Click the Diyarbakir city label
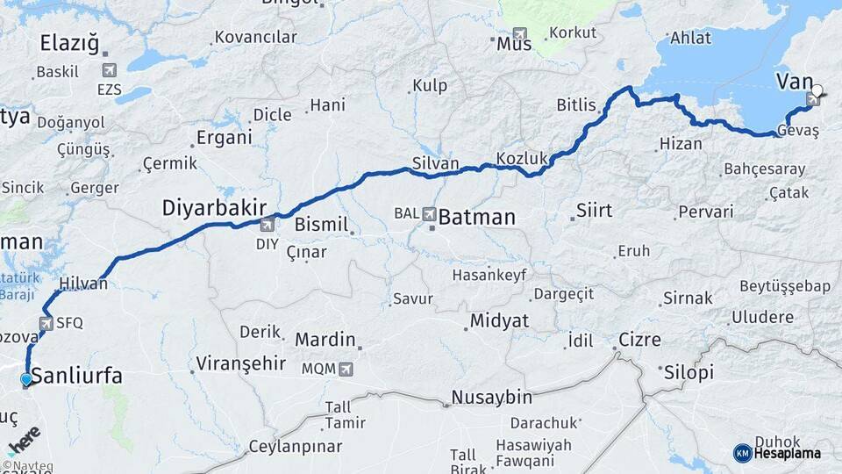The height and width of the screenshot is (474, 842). (214, 208)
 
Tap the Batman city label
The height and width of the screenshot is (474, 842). (477, 216)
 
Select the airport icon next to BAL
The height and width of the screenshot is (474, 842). (429, 213)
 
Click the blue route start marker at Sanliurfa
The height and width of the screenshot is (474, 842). (26, 379)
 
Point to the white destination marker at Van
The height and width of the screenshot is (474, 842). (817, 90)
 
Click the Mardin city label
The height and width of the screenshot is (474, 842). (325, 340)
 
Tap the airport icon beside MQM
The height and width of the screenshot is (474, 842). (346, 370)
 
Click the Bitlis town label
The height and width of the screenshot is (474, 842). (576, 105)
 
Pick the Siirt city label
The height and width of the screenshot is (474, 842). (594, 211)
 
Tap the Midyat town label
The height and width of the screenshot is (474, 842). (499, 321)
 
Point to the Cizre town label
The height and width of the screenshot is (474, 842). (639, 340)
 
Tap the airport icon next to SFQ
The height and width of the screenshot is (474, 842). (46, 323)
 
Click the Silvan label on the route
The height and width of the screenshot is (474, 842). (436, 162)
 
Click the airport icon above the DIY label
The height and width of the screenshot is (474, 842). (267, 225)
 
